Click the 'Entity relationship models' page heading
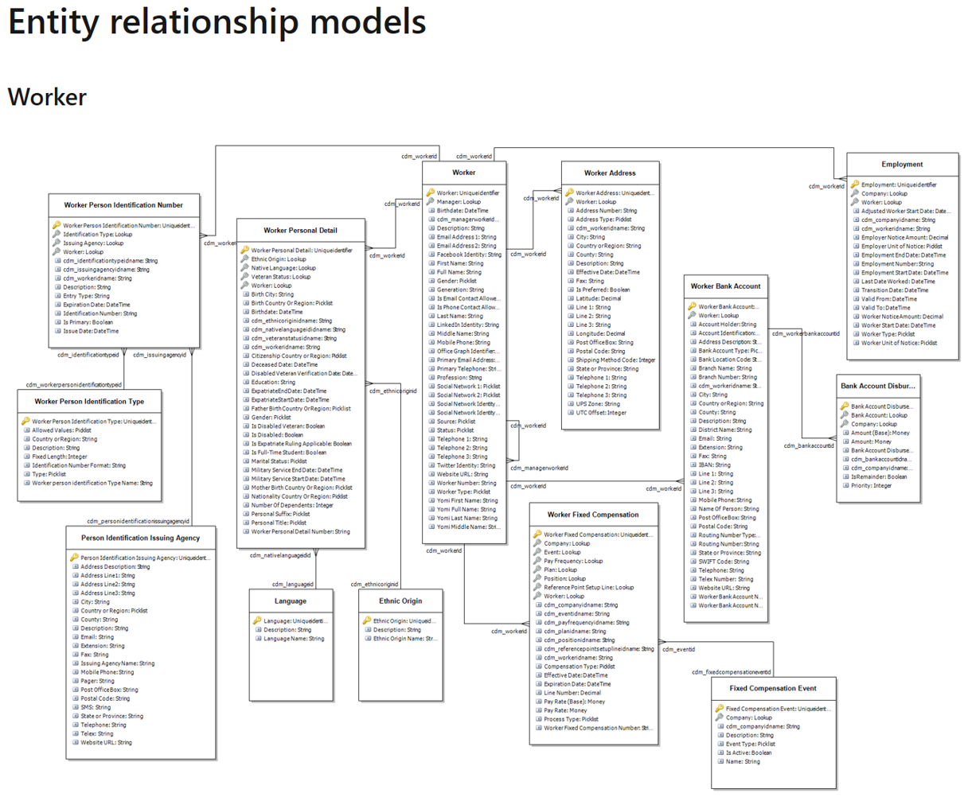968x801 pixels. point(217,21)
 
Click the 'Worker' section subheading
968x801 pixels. point(47,97)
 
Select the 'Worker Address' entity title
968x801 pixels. point(610,173)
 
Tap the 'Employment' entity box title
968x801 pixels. point(902,164)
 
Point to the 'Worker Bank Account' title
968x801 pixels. point(725,286)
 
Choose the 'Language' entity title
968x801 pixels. point(291,601)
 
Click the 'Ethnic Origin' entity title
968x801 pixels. point(400,601)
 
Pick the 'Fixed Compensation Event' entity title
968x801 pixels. point(772,688)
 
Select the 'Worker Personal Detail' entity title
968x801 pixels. point(301,231)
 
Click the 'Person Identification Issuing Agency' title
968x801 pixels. point(140,538)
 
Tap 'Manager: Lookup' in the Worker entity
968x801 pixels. point(459,202)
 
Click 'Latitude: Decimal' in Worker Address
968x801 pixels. point(599,298)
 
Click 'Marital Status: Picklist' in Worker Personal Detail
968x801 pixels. point(279,461)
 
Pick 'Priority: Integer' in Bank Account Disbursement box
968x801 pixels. point(871,485)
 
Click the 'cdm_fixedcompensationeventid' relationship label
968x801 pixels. point(731,672)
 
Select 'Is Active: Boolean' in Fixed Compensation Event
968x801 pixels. point(748,752)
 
